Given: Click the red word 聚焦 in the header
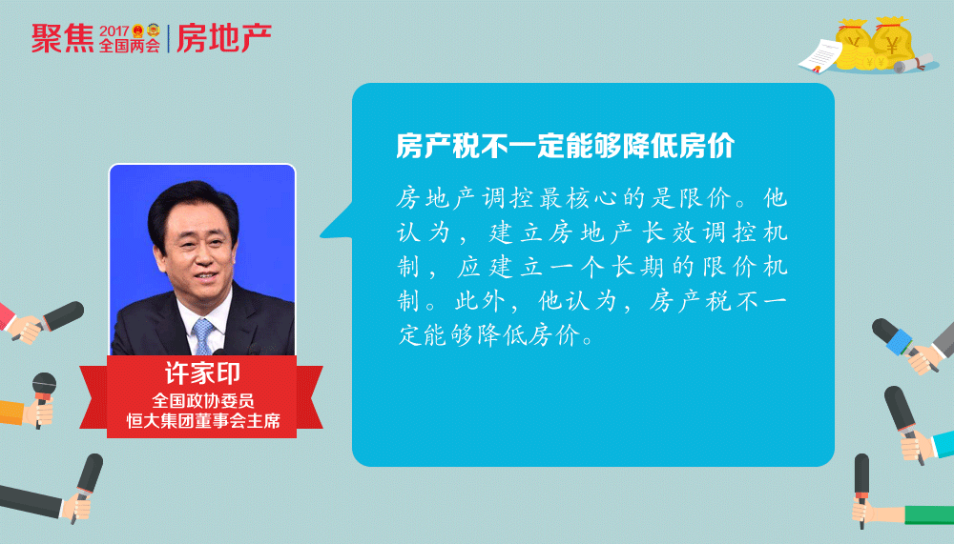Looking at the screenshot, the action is click(x=63, y=38).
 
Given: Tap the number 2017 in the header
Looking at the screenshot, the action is click(x=114, y=31).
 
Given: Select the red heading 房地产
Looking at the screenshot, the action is click(x=224, y=38).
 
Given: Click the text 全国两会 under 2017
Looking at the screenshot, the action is click(x=130, y=46).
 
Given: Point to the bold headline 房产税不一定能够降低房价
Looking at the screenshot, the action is click(x=566, y=146).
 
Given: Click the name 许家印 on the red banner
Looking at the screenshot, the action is click(x=202, y=373).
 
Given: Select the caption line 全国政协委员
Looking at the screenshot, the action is click(x=202, y=400).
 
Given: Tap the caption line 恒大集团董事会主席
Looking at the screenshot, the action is click(x=203, y=420).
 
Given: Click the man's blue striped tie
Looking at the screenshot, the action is click(x=203, y=336).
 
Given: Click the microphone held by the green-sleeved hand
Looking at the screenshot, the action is click(x=861, y=483).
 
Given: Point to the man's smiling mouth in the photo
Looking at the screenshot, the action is click(x=205, y=276).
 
